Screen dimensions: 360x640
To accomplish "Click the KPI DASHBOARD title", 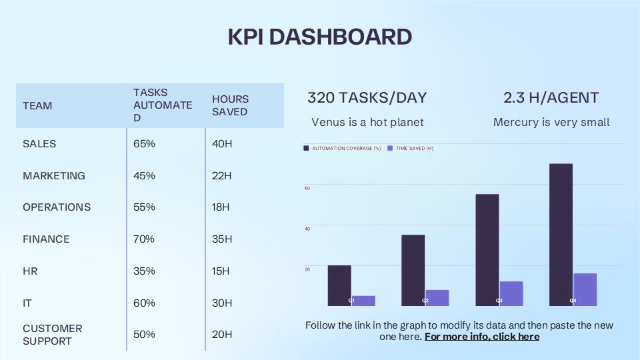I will (x=320, y=37).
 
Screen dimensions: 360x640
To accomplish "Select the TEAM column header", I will (x=37, y=106).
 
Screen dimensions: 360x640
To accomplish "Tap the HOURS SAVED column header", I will (x=229, y=105).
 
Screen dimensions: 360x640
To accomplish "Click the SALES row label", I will (x=39, y=144).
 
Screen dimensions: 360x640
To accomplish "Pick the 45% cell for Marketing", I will (x=144, y=176).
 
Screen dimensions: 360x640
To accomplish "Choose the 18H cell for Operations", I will (x=221, y=207).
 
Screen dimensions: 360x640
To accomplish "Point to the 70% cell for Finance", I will (x=144, y=239).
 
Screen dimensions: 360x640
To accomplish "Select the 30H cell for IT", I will (x=222, y=303).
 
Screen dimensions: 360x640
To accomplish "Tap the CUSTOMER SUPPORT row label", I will (x=52, y=335).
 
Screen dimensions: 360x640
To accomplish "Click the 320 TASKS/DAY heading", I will (x=367, y=97).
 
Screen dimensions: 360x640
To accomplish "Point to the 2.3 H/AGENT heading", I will (x=551, y=97).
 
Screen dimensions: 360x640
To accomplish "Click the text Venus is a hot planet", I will (x=367, y=123).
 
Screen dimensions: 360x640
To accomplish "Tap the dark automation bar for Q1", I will (x=339, y=286).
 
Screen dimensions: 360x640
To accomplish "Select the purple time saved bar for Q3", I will (x=511, y=293).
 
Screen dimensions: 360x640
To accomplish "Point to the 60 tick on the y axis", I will (x=307, y=188).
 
